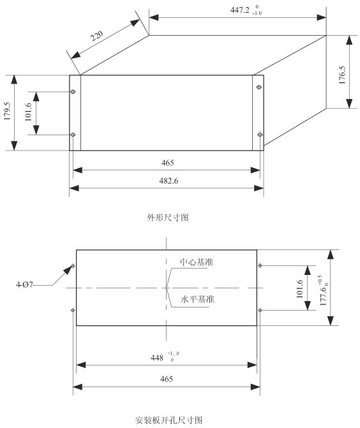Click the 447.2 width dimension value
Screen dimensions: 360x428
[239, 10]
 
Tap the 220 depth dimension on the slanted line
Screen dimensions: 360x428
[96, 36]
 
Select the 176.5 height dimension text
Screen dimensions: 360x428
[342, 75]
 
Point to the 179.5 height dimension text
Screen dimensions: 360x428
[7, 111]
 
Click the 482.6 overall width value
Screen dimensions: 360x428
[169, 181]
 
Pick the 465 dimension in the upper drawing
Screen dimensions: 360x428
[167, 163]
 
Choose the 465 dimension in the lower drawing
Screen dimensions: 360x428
[167, 379]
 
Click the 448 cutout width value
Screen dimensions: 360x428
[157, 358]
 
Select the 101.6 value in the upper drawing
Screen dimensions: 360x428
[28, 112]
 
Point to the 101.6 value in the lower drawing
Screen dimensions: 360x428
[299, 289]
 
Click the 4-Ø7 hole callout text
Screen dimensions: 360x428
[24, 285]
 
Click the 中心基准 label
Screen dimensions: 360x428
[197, 262]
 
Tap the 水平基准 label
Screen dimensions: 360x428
[197, 299]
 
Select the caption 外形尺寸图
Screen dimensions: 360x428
[168, 218]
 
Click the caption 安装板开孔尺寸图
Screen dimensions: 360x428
[169, 420]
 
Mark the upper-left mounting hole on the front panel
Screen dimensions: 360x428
[73, 92]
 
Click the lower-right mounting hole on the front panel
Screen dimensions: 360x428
[260, 135]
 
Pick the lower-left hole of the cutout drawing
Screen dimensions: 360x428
[73, 311]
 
